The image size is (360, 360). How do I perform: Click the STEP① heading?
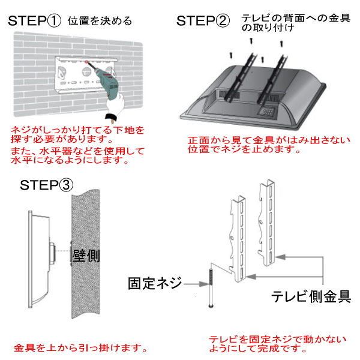click(x=35, y=21)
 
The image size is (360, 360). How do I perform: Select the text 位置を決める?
click(x=100, y=22)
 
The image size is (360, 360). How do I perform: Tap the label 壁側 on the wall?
click(x=86, y=256)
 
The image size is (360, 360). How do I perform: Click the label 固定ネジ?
click(x=154, y=283)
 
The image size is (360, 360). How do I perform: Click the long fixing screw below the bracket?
click(x=211, y=288)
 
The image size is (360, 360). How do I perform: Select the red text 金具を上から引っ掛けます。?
click(x=80, y=347)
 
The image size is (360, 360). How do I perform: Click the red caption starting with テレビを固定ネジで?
click(x=277, y=344)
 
